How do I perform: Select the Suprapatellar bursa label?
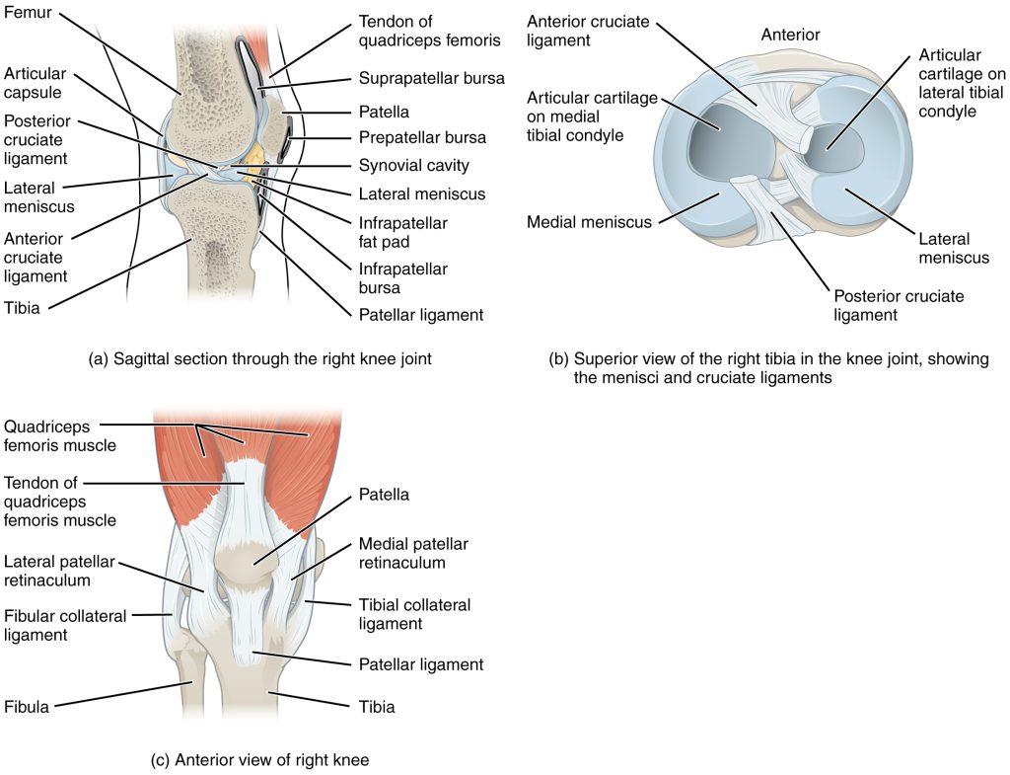click(432, 77)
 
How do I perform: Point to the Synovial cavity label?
click(414, 166)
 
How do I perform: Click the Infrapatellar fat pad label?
click(403, 232)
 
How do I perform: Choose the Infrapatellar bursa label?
click(403, 278)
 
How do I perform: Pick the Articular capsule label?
click(35, 84)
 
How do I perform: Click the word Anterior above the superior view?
click(790, 35)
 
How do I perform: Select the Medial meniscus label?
click(589, 222)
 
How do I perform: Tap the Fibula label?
click(27, 706)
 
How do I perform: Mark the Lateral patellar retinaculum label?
click(59, 571)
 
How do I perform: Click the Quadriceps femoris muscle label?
click(59, 436)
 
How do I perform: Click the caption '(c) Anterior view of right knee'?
click(259, 759)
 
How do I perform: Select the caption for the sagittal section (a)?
click(259, 359)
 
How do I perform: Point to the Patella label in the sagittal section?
click(385, 113)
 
